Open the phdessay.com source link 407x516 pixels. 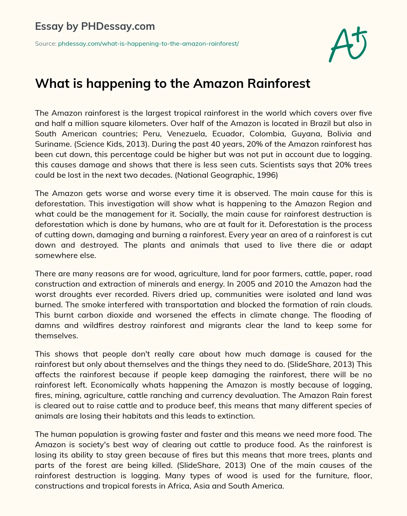pyautogui.click(x=148, y=44)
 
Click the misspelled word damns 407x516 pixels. pyautogui.click(x=47, y=325)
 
